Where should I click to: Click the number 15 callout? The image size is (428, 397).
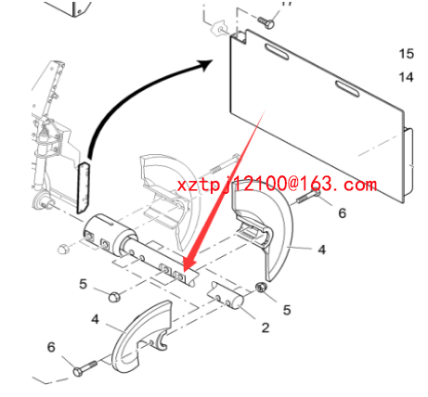click(x=407, y=54)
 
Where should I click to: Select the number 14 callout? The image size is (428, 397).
click(x=407, y=77)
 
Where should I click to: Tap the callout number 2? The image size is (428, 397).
click(x=266, y=327)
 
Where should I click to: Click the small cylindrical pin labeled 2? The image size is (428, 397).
click(x=227, y=295)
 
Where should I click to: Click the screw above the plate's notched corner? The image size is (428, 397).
click(x=266, y=22)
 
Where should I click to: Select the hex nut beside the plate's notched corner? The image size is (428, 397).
click(x=219, y=29)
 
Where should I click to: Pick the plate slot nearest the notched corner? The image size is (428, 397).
click(x=277, y=51)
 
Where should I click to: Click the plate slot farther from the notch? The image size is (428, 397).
click(x=347, y=89)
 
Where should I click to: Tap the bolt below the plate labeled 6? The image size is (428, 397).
click(x=308, y=197)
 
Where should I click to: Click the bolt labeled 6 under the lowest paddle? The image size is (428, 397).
click(x=85, y=368)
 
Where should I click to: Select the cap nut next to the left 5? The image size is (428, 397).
click(x=114, y=296)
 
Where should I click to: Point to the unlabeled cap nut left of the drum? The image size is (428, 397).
click(x=63, y=249)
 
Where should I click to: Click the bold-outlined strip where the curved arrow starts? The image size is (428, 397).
click(x=84, y=187)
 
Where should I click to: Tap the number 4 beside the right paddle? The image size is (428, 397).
click(x=322, y=250)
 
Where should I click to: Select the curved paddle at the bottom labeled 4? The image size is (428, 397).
click(x=141, y=337)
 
